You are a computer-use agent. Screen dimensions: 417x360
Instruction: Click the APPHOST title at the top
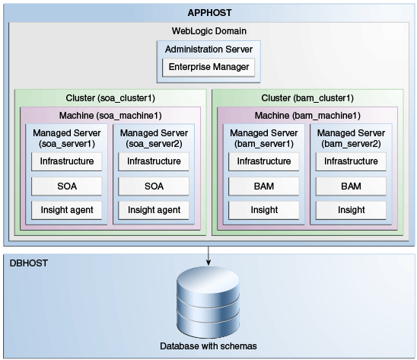click(209, 13)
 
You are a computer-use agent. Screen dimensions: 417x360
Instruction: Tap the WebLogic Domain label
click(209, 31)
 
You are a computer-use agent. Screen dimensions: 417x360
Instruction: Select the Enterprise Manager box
click(208, 67)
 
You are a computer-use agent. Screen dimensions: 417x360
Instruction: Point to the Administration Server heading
click(208, 49)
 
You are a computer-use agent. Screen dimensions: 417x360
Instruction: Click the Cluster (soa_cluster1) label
click(110, 98)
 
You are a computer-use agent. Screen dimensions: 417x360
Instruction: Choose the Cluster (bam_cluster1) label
click(307, 98)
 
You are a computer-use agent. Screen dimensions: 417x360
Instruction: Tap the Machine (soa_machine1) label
click(110, 116)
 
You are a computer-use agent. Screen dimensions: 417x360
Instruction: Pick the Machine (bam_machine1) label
click(307, 116)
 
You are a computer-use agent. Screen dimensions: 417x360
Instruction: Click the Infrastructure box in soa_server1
click(67, 161)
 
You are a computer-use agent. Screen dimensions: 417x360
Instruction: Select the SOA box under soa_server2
click(154, 186)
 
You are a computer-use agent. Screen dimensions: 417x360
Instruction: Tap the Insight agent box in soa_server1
click(67, 210)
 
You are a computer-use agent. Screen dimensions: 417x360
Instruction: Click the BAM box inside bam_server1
click(264, 186)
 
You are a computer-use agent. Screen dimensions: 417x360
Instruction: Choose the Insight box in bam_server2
click(351, 210)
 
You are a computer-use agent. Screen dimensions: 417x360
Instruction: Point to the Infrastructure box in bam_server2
click(351, 161)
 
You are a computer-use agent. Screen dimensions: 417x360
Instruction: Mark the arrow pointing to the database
click(208, 256)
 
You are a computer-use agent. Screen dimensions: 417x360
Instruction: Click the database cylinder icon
click(208, 302)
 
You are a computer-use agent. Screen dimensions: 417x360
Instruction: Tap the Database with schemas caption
click(208, 346)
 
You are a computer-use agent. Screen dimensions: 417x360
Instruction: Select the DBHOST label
click(29, 263)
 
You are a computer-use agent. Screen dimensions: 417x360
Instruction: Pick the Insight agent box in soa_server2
click(154, 210)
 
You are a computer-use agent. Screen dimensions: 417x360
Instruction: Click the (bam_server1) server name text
click(264, 144)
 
